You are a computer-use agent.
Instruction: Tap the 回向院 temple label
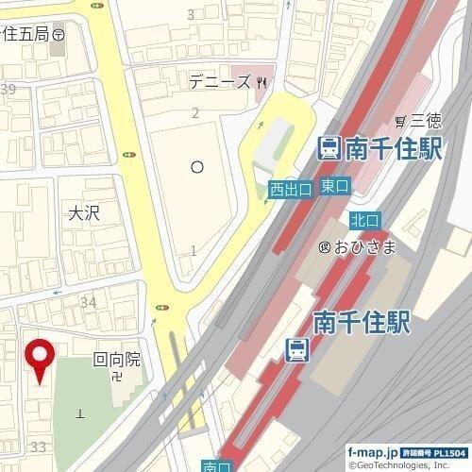pyautogui.click(x=116, y=359)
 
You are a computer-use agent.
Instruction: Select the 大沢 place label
pyautogui.click(x=84, y=214)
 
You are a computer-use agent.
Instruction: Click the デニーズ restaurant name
pyautogui.click(x=219, y=82)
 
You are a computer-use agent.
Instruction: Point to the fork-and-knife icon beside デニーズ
pyautogui.click(x=261, y=82)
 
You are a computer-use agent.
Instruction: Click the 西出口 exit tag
pyautogui.click(x=290, y=189)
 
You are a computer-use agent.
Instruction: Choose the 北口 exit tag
pyautogui.click(x=363, y=219)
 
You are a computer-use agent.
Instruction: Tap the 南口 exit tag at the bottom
pyautogui.click(x=216, y=465)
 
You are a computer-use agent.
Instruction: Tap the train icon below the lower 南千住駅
pyautogui.click(x=296, y=349)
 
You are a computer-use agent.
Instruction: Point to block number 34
pyautogui.click(x=90, y=302)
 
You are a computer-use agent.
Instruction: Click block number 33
pyautogui.click(x=39, y=445)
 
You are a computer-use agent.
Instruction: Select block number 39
pyautogui.click(x=8, y=90)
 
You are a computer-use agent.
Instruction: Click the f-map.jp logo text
pyautogui.click(x=374, y=453)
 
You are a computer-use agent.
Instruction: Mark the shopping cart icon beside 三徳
pyautogui.click(x=401, y=120)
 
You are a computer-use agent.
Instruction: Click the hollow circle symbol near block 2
pyautogui.click(x=197, y=167)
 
